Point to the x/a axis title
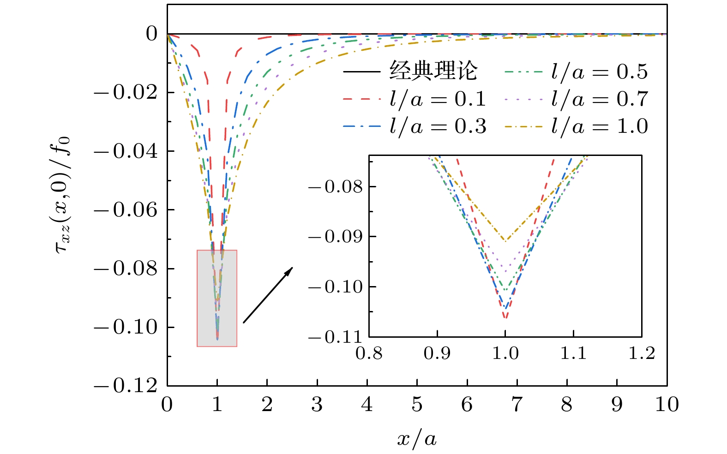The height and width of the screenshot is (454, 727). pos(417,438)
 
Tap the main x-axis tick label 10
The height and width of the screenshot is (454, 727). pos(667,405)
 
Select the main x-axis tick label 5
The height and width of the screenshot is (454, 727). pos(417,405)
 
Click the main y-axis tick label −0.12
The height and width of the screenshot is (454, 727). pos(126,386)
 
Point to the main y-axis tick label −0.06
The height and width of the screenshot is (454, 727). pos(126,210)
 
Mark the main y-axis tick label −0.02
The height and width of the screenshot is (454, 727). pos(126,93)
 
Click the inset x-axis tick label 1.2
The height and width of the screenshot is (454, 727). pos(642,353)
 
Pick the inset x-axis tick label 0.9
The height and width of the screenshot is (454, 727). pos(437,353)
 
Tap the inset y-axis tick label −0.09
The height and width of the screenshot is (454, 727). pos(336,237)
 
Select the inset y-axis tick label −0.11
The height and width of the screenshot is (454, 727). pos(336,337)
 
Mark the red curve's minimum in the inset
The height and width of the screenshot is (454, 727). pos(505,318)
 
